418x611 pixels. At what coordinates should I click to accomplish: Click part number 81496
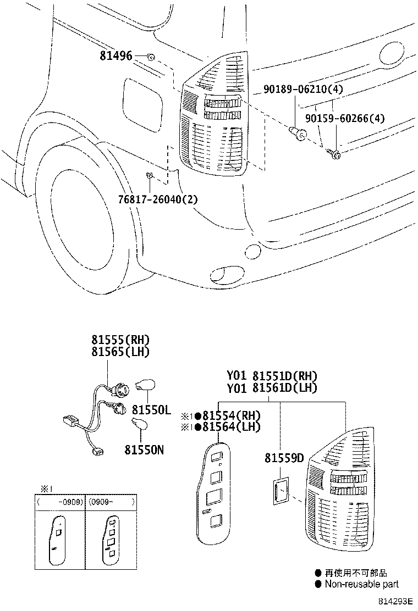[x=116, y=55]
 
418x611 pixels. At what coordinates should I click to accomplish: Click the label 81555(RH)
[x=120, y=340]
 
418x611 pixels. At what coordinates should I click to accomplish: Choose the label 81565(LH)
[x=120, y=352]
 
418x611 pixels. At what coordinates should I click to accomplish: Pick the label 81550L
[x=151, y=410]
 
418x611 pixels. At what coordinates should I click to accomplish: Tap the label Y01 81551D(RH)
[x=272, y=376]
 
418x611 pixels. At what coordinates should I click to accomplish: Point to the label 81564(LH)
[x=231, y=427]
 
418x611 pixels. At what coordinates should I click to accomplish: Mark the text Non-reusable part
[x=361, y=584]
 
